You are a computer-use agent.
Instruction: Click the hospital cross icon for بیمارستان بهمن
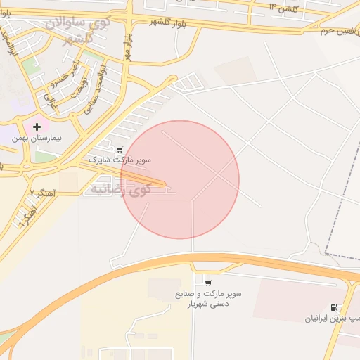pyautogui.click(x=37, y=127)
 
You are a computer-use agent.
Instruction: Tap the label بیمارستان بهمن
pyautogui.click(x=37, y=139)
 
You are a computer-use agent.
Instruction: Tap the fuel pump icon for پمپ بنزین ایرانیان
pyautogui.click(x=333, y=307)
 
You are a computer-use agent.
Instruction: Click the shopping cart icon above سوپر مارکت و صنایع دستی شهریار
pyautogui.click(x=208, y=283)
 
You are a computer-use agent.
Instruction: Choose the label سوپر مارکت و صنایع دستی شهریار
pyautogui.click(x=208, y=299)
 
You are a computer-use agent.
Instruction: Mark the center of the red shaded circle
pyautogui.click(x=180, y=179)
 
